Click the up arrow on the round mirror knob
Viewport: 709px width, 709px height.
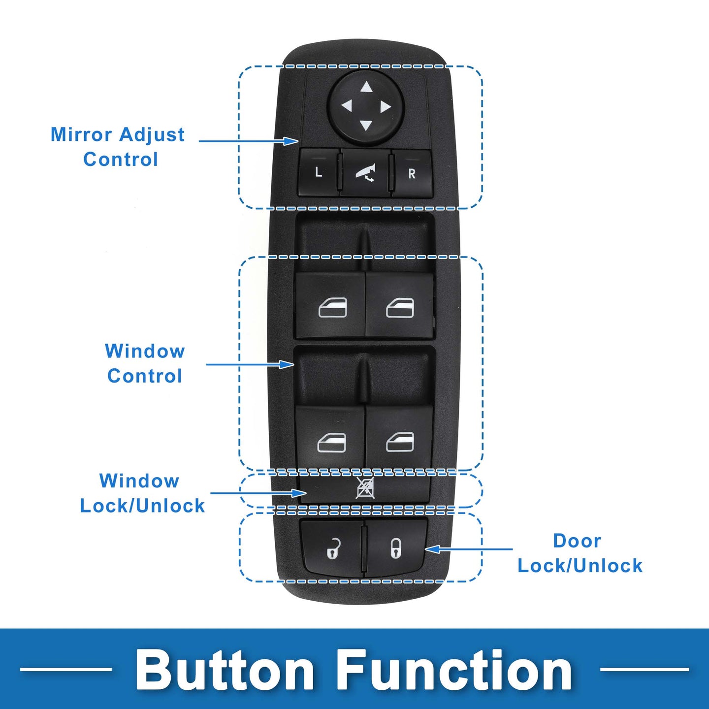pyautogui.click(x=366, y=87)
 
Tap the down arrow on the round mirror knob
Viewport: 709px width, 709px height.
pyautogui.click(x=365, y=126)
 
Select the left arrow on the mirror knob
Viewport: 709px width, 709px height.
pyautogui.click(x=347, y=106)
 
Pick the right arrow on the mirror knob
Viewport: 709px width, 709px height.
pyautogui.click(x=385, y=107)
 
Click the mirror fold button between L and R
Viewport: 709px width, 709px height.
pyautogui.click(x=365, y=172)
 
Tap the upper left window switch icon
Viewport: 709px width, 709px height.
pyautogui.click(x=333, y=307)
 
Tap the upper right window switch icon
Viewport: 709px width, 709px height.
pyautogui.click(x=400, y=307)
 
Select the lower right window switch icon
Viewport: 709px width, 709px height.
pyautogui.click(x=400, y=442)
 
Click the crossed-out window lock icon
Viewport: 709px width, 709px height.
pyautogui.click(x=365, y=488)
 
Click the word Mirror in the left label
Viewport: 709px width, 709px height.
pyautogui.click(x=81, y=135)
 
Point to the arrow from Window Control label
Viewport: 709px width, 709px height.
pyautogui.click(x=250, y=364)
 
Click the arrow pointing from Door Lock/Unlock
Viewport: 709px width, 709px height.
pyautogui.click(x=469, y=549)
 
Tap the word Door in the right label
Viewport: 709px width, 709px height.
pyautogui.click(x=577, y=541)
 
